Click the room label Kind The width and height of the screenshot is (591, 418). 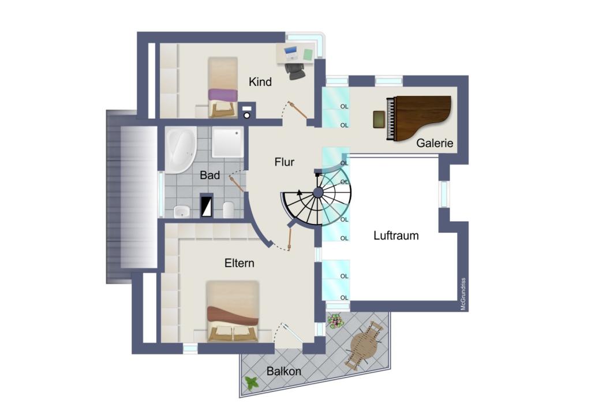pyautogui.click(x=260, y=82)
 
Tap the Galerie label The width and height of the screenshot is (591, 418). pyautogui.click(x=435, y=143)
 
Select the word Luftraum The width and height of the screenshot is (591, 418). pyautogui.click(x=396, y=236)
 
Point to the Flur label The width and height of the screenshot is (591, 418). pyautogui.click(x=284, y=162)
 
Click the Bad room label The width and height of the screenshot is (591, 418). pyautogui.click(x=210, y=176)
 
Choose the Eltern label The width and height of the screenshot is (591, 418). pyautogui.click(x=240, y=263)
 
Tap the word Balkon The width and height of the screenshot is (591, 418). pyautogui.click(x=284, y=371)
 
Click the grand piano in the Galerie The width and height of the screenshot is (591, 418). pyautogui.click(x=419, y=118)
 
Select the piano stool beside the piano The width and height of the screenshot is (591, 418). pyautogui.click(x=379, y=119)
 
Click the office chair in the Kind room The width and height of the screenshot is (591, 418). pyautogui.click(x=294, y=71)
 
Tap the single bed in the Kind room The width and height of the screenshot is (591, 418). pyautogui.click(x=223, y=87)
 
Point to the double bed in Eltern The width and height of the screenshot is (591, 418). pyautogui.click(x=233, y=311)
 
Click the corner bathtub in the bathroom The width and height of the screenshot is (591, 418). pyautogui.click(x=181, y=150)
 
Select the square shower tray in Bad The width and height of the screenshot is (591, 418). pyautogui.click(x=227, y=142)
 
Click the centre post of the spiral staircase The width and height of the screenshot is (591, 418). pyautogui.click(x=318, y=193)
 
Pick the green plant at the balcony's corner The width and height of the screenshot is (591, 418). pyautogui.click(x=252, y=383)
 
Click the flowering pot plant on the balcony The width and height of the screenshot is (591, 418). pyautogui.click(x=335, y=322)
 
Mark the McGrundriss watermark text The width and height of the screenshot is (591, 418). pyautogui.click(x=463, y=294)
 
